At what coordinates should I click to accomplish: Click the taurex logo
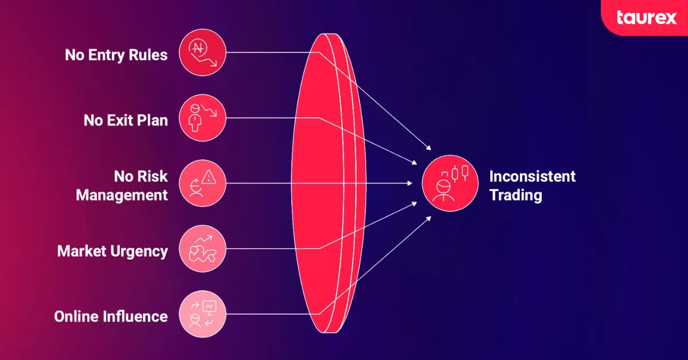(646, 18)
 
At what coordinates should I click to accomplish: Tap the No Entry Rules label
(116, 55)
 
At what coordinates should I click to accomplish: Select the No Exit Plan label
(126, 120)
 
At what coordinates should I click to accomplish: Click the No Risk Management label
(122, 185)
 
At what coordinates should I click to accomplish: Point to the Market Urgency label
(112, 251)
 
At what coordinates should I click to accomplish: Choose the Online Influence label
(111, 316)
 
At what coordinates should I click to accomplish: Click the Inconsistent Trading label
(532, 185)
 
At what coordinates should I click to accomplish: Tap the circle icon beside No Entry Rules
(202, 53)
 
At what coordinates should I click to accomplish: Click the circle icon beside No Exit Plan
(202, 119)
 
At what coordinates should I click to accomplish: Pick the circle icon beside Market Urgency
(202, 249)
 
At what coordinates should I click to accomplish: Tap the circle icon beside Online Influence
(202, 315)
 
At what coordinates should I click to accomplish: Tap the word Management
(122, 195)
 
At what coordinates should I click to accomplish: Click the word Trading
(515, 195)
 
